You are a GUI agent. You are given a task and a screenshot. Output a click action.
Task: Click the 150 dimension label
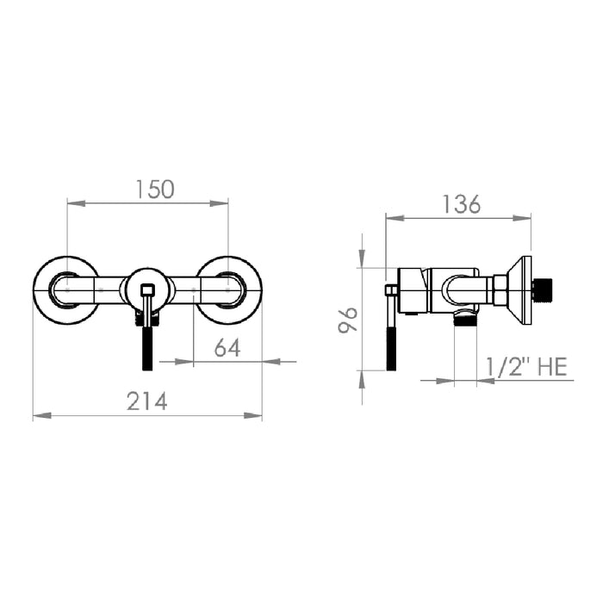pos(155,190)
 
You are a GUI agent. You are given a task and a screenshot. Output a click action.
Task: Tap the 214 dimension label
pos(147,401)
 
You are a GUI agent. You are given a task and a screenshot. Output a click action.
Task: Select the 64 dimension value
pos(227,348)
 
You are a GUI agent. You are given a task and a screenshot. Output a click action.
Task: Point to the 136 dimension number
pos(461,204)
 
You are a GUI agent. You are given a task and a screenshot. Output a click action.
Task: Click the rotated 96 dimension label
pos(348,320)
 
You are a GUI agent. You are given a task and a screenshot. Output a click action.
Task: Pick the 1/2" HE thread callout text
pos(526,366)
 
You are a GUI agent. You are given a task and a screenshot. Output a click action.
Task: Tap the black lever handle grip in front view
pos(147,348)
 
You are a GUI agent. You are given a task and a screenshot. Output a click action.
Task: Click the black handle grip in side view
pos(391,349)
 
